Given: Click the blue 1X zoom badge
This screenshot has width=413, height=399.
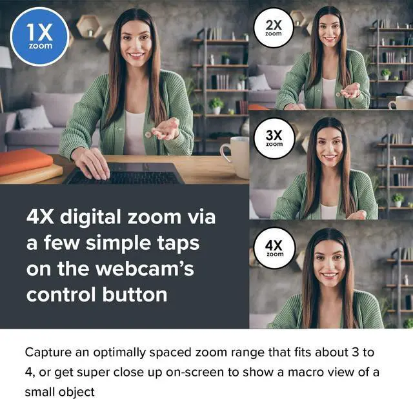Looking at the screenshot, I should (40, 37).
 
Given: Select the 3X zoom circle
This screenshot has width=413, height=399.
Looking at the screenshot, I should (274, 139).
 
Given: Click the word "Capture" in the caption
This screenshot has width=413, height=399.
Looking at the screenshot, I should (48, 353).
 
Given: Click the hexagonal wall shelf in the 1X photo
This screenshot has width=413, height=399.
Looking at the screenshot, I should (88, 26).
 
